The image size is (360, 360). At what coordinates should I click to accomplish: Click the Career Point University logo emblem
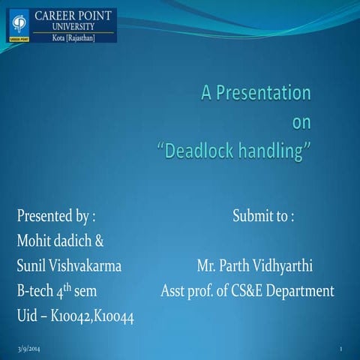tap(16, 25)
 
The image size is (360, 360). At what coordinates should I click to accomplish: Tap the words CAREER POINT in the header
tap(72, 14)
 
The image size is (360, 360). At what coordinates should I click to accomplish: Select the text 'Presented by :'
tap(55, 217)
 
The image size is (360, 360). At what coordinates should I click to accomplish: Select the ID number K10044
tap(115, 316)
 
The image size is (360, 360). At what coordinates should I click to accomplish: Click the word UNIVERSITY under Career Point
tap(72, 26)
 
